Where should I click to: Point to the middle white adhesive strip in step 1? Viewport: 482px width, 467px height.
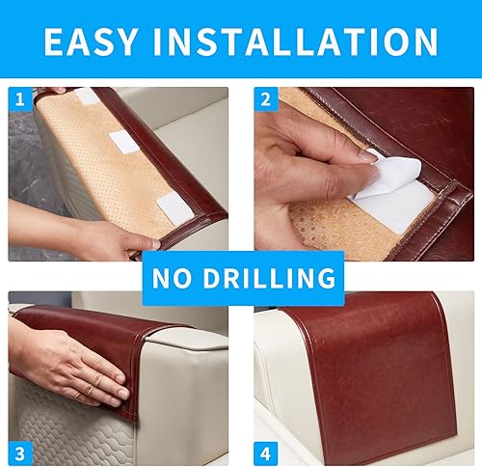pyautogui.click(x=126, y=141)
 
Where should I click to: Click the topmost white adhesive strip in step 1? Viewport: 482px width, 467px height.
pyautogui.click(x=88, y=96)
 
